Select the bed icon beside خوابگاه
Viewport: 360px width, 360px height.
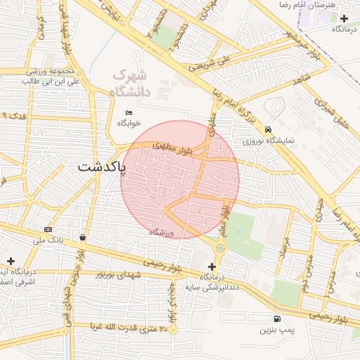[128, 113]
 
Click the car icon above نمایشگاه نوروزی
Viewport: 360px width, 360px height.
[269, 129]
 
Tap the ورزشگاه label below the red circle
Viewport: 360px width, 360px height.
[160, 232]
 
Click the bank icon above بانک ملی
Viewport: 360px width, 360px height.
[48, 230]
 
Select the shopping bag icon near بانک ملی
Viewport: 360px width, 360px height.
[84, 237]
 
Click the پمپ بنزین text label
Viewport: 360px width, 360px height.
[276, 329]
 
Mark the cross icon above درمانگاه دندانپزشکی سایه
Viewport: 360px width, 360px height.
[213, 266]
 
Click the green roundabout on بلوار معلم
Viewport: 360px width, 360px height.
[221, 247]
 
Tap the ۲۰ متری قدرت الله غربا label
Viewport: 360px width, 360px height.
[129, 328]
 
